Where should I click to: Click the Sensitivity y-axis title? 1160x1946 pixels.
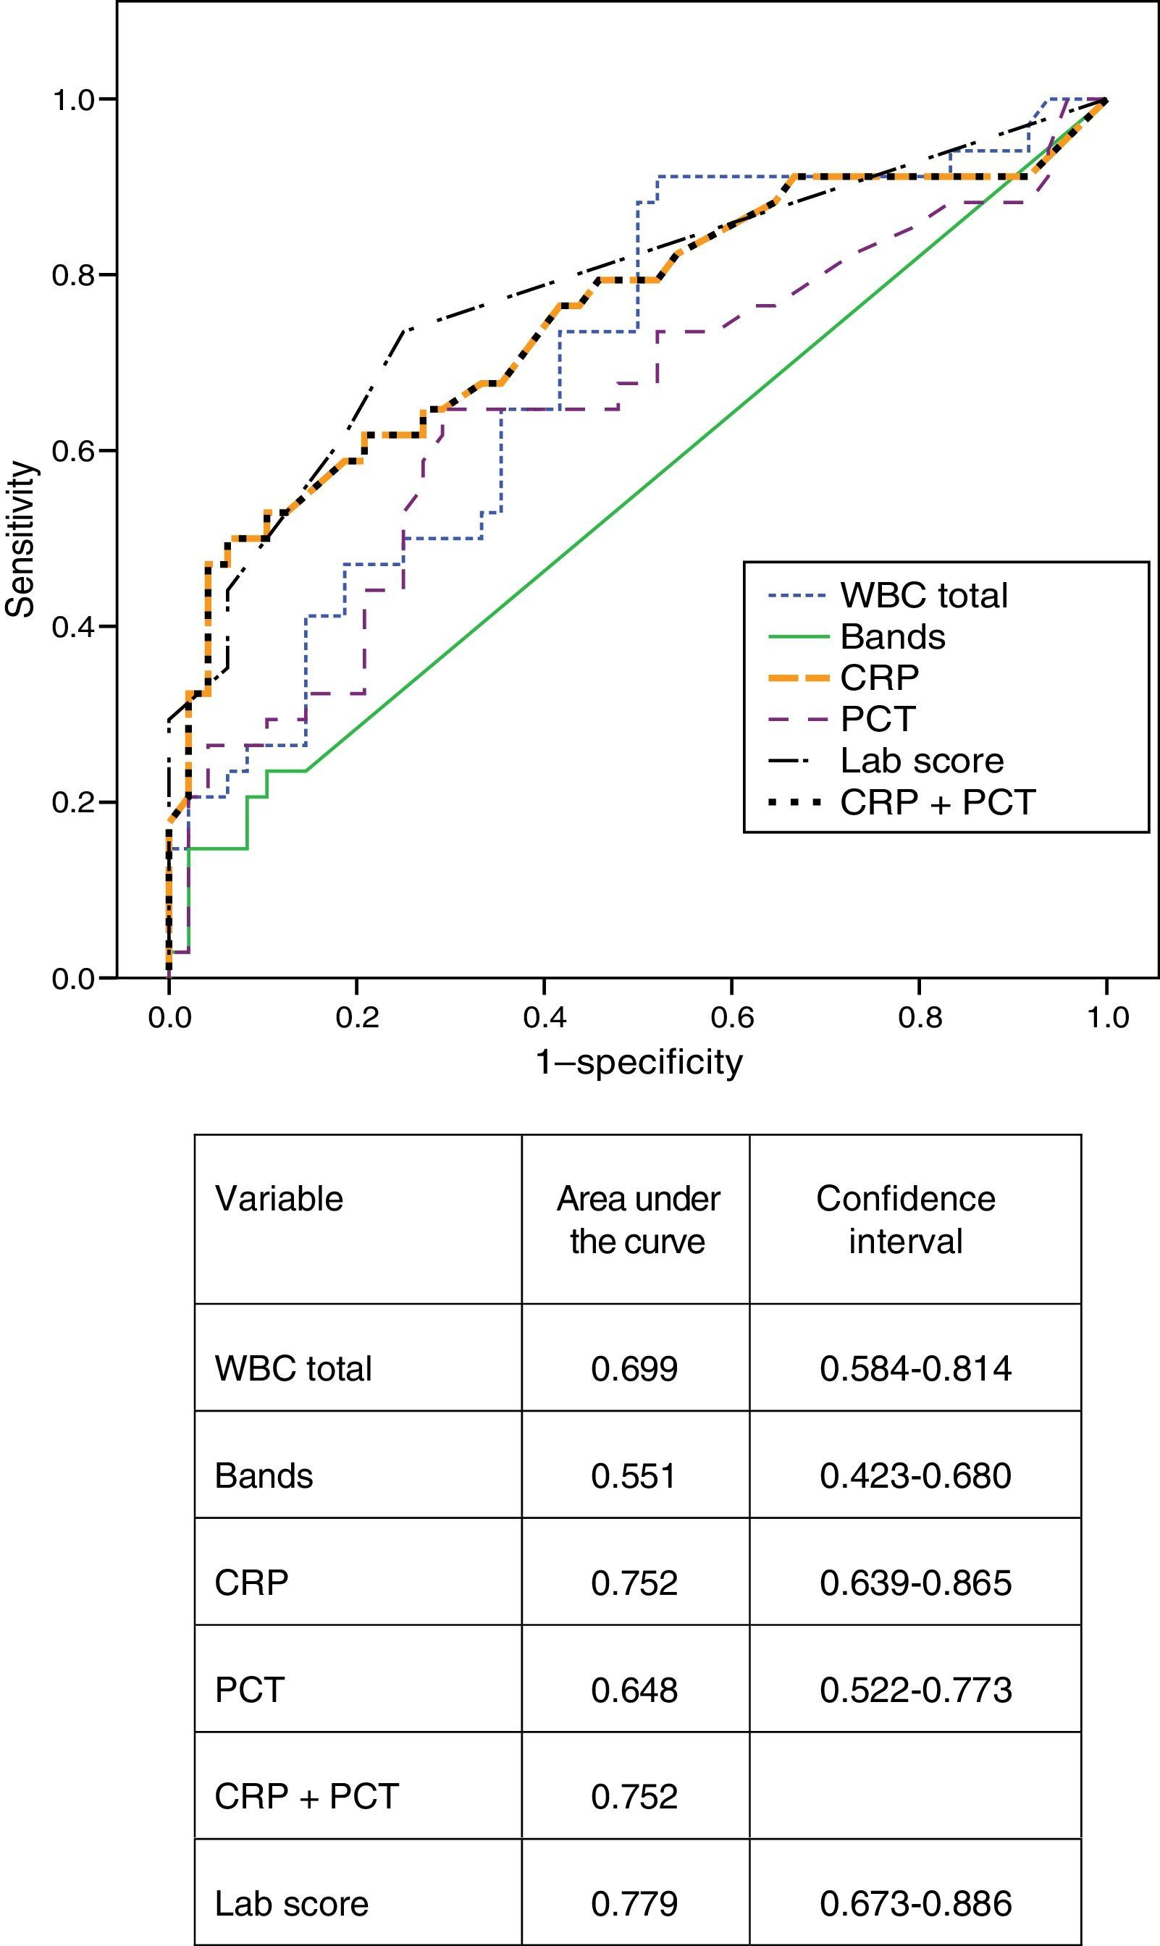(x=20, y=539)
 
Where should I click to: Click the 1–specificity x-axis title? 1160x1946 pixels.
(x=639, y=1062)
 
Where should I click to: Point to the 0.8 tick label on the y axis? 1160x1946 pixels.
(x=72, y=275)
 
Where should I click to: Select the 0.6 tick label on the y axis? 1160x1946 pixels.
(x=72, y=451)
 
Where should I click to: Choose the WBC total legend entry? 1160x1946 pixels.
(x=923, y=596)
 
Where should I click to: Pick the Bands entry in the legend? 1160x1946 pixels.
(x=892, y=637)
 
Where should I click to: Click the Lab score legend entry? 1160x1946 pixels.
(x=921, y=760)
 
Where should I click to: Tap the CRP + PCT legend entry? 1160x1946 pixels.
(x=937, y=803)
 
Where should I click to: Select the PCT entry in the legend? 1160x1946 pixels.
(x=877, y=719)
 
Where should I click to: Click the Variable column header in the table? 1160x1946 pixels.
(x=279, y=1199)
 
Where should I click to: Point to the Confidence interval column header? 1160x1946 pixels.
(x=906, y=1220)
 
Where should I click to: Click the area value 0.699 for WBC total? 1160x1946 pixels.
(x=634, y=1368)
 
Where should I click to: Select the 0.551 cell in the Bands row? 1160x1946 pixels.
(x=633, y=1475)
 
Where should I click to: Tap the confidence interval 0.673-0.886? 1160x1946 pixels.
(x=915, y=1904)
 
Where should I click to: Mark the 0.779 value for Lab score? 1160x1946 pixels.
(x=634, y=1904)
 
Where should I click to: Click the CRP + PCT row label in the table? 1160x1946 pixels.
(x=306, y=1797)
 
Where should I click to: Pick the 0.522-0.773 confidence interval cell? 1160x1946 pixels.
(x=915, y=1690)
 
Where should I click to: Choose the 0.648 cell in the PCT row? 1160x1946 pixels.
(x=634, y=1690)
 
